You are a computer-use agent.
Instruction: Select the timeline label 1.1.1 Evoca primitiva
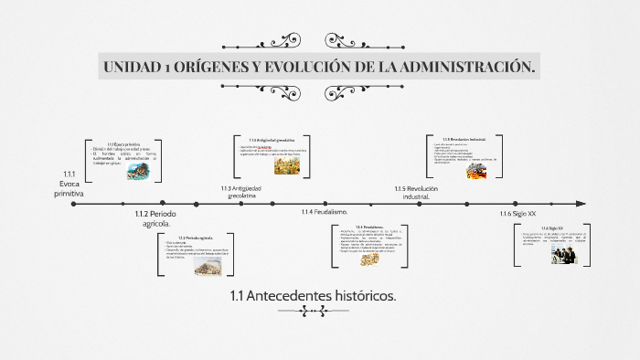[69, 184]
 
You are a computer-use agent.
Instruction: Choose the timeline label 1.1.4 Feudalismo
[325, 212]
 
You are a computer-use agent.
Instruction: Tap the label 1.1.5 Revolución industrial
[417, 192]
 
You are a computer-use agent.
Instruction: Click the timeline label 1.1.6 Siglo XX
[517, 213]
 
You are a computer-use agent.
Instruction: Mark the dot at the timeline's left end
[74, 205]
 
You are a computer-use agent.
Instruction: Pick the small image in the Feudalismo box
[369, 259]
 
